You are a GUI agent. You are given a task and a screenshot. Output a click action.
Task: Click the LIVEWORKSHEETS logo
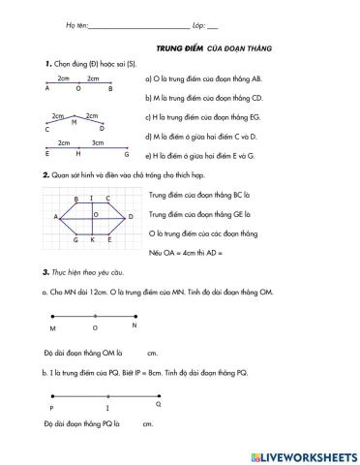[x=304, y=454]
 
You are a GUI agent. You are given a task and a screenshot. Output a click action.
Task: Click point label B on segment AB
[x=110, y=88]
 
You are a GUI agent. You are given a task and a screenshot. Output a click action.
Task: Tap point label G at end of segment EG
[x=126, y=153]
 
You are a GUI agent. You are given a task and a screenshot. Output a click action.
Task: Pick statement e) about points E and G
[x=199, y=154]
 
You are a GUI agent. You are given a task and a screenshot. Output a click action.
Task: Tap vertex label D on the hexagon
[x=130, y=216]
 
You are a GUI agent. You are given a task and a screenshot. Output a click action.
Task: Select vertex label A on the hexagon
[x=55, y=216]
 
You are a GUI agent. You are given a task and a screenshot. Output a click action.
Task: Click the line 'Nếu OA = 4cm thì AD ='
[x=187, y=252]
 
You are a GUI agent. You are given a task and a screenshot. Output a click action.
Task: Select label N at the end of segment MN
[x=135, y=325]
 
